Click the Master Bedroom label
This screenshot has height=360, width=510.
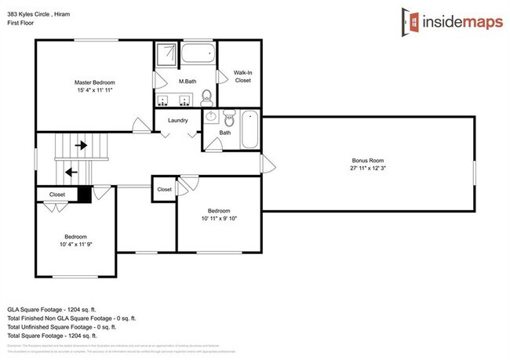pyautogui.click(x=95, y=82)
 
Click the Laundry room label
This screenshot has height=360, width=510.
pyautogui.click(x=177, y=120)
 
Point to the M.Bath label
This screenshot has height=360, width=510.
pyautogui.click(x=187, y=82)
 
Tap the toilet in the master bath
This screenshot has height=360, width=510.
pyautogui.click(x=207, y=97)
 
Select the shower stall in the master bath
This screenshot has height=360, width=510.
pyautogui.click(x=166, y=56)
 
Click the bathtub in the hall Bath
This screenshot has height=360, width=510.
pyautogui.click(x=250, y=130)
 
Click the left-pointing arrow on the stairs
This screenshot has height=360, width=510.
pyautogui.click(x=71, y=172)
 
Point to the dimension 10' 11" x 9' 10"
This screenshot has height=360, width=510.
pyautogui.click(x=219, y=218)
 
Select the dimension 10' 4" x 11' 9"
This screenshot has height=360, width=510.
pyautogui.click(x=76, y=244)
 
